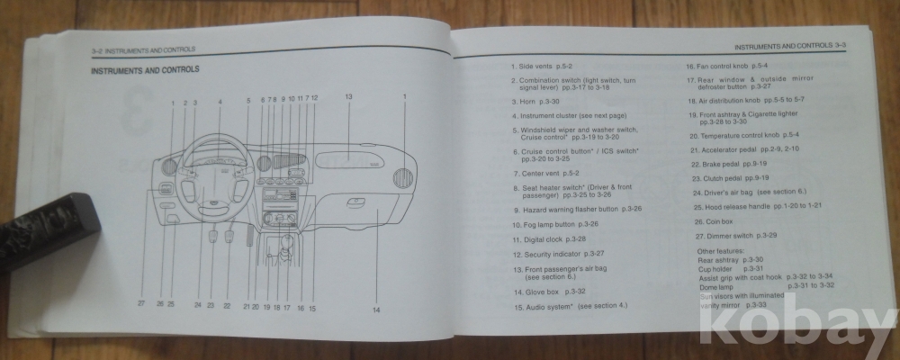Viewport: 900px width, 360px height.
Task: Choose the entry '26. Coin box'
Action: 715,220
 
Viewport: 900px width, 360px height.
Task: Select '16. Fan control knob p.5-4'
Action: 726,67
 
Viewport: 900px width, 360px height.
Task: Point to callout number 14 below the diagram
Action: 376,310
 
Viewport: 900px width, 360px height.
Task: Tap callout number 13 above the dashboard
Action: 347,96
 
